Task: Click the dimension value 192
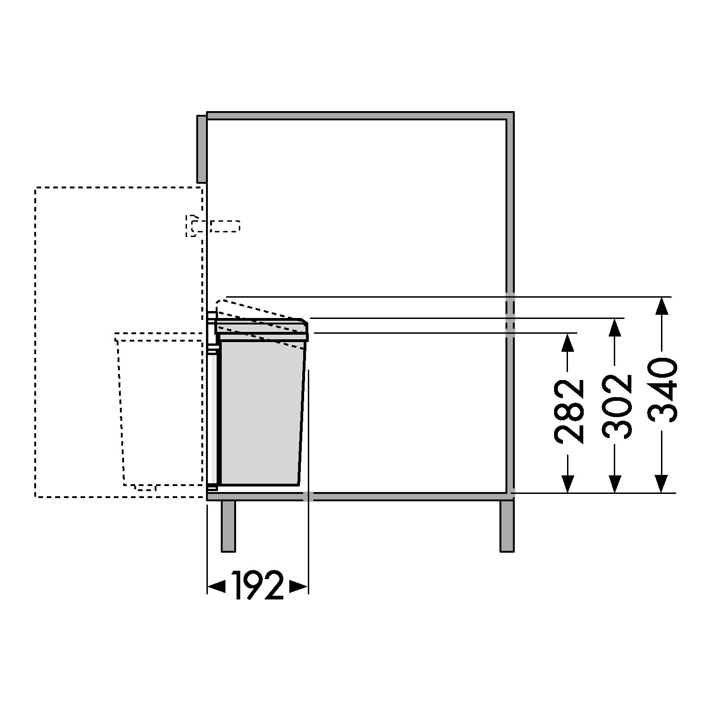257,586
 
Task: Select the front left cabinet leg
228,526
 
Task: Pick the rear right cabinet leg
507,526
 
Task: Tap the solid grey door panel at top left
201,149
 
